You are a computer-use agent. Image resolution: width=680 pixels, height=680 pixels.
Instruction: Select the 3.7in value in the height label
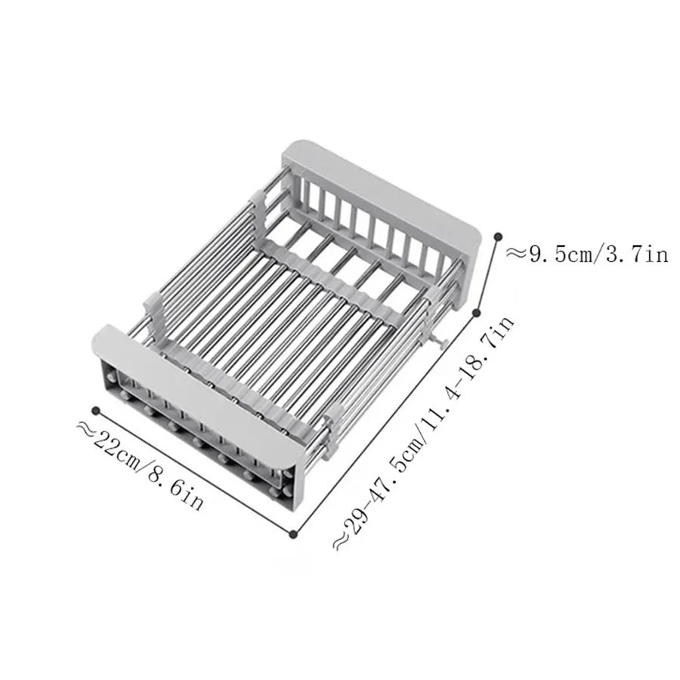(636, 255)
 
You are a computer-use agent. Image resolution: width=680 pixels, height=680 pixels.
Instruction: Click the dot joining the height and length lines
(477, 311)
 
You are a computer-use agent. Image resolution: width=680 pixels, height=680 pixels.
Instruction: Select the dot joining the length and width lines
(293, 534)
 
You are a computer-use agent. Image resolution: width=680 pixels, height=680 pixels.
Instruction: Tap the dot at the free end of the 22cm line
(96, 410)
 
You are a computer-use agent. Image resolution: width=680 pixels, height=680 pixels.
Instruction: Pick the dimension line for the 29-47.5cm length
(385, 423)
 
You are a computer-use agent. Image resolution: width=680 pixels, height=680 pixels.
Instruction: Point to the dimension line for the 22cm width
(194, 472)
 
